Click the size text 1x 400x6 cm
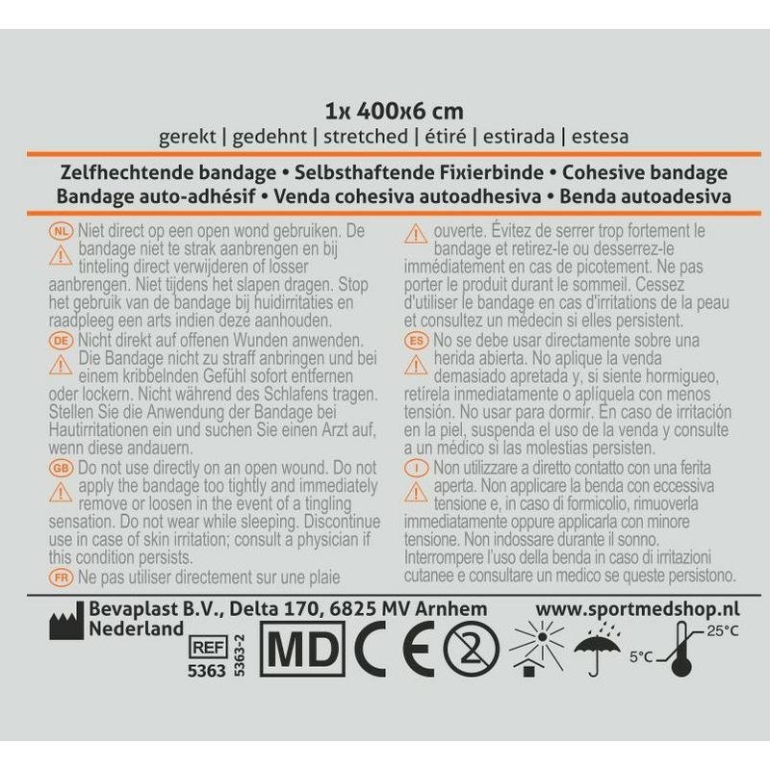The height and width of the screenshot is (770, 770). pyautogui.click(x=394, y=112)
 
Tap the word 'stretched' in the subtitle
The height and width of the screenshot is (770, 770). pyautogui.click(x=366, y=136)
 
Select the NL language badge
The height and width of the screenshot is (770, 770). pyautogui.click(x=61, y=231)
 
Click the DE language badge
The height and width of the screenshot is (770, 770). pyautogui.click(x=61, y=341)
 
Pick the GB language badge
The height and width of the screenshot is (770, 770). pyautogui.click(x=61, y=468)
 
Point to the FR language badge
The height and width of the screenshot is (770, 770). pyautogui.click(x=61, y=577)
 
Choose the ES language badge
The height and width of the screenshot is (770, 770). pyautogui.click(x=416, y=341)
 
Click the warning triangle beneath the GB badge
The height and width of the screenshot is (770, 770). pyautogui.click(x=61, y=492)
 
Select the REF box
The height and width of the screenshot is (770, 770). pyautogui.click(x=208, y=648)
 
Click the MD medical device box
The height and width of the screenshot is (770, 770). pyautogui.click(x=301, y=649)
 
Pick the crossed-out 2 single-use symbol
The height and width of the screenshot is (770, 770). pyautogui.click(x=472, y=649)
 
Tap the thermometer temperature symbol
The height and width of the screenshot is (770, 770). pyautogui.click(x=680, y=649)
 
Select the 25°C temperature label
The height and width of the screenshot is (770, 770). pyautogui.click(x=723, y=630)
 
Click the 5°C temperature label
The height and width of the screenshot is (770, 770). pyautogui.click(x=642, y=656)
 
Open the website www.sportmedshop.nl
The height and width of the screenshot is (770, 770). pyautogui.click(x=637, y=609)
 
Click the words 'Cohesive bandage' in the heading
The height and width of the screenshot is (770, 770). pyautogui.click(x=645, y=172)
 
